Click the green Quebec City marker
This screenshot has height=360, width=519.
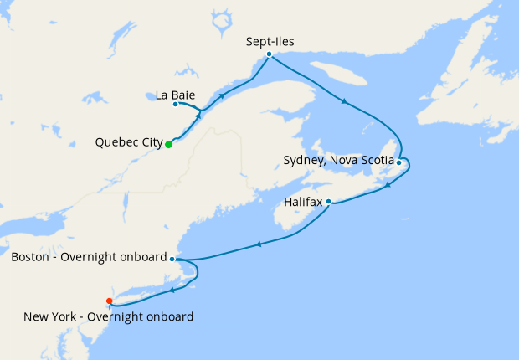click(168, 144)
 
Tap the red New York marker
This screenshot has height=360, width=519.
click(110, 301)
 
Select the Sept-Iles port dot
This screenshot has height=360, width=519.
click(269, 54)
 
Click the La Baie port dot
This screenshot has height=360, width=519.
click(175, 104)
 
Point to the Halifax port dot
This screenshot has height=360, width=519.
click(329, 202)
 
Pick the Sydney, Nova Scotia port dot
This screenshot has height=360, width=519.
click(399, 162)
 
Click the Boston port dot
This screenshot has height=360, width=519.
click(172, 259)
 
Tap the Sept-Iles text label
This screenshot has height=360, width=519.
click(270, 40)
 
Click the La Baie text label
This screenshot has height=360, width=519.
click(175, 95)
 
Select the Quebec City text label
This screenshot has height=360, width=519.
click(129, 143)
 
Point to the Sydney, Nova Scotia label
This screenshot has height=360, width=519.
click(338, 160)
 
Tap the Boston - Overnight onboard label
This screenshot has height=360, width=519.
click(89, 257)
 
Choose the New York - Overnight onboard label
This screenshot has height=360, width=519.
click(109, 316)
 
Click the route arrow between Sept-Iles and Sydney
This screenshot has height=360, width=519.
click(343, 102)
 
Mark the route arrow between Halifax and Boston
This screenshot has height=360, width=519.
click(259, 244)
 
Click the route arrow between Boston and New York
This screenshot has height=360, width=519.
click(171, 291)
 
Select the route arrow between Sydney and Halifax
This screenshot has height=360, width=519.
click(388, 185)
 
